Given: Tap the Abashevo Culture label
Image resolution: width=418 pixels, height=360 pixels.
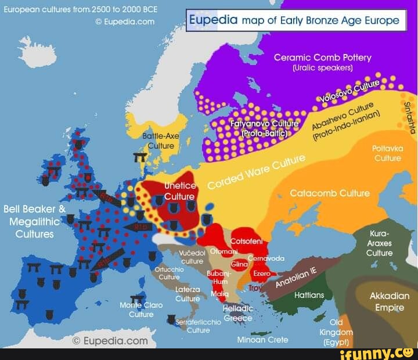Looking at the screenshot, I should point(345,119).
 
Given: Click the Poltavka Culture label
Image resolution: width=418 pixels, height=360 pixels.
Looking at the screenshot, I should point(387,153).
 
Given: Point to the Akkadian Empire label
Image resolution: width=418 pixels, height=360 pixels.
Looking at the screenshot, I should point(390,301).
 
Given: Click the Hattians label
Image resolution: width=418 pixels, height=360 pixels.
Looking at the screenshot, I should point(309,295).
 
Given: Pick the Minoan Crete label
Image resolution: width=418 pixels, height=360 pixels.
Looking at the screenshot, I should point(262,340).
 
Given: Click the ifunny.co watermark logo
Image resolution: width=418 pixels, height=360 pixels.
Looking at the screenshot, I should point(377,352).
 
